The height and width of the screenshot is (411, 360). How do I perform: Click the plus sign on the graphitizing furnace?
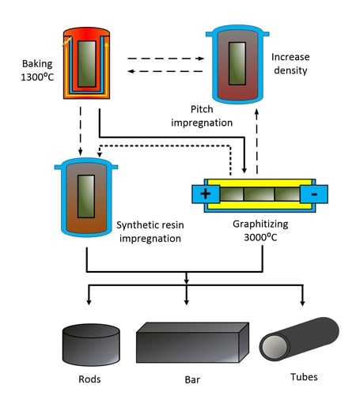coord(206,194)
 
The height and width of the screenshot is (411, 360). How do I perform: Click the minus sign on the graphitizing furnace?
coord(314,194)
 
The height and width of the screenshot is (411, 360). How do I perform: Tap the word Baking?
coord(37,64)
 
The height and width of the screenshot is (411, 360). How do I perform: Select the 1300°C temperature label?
coord(37,77)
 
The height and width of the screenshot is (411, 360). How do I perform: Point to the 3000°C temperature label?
coord(260,237)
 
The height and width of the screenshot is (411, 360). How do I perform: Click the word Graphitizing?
coord(260,224)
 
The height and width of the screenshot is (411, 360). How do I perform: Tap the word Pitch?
coord(202,109)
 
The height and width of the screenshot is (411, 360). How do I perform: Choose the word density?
coord(290,70)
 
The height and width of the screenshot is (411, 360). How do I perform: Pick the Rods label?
coord(89,379)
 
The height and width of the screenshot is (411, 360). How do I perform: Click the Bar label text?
coord(192,379)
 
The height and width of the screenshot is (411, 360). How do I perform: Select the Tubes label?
coord(304,377)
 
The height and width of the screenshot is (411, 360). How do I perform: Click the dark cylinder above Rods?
coord(91,345)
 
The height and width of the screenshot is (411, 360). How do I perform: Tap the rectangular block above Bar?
coord(192,342)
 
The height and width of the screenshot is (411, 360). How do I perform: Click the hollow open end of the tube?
coord(275,347)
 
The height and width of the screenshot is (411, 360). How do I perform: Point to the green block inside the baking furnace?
coord(87,64)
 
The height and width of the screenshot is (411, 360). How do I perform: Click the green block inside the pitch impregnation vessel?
coord(237,63)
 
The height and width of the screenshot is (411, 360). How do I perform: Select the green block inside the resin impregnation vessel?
coord(86,196)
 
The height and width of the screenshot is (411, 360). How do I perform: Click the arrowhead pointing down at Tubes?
coord(302,303)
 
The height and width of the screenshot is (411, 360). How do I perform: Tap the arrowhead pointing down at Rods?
coord(89,302)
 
